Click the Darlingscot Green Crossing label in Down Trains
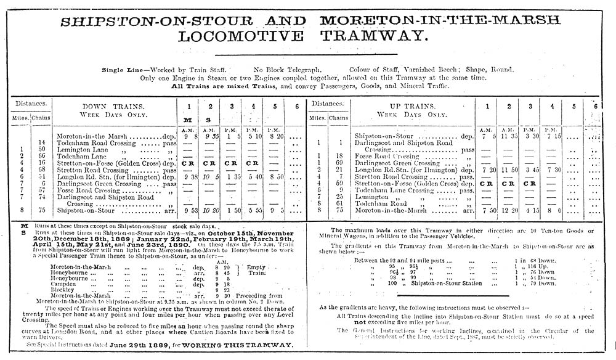tap(99, 183)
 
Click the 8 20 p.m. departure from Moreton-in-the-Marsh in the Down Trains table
tap(277, 136)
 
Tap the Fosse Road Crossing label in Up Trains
tap(384, 156)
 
